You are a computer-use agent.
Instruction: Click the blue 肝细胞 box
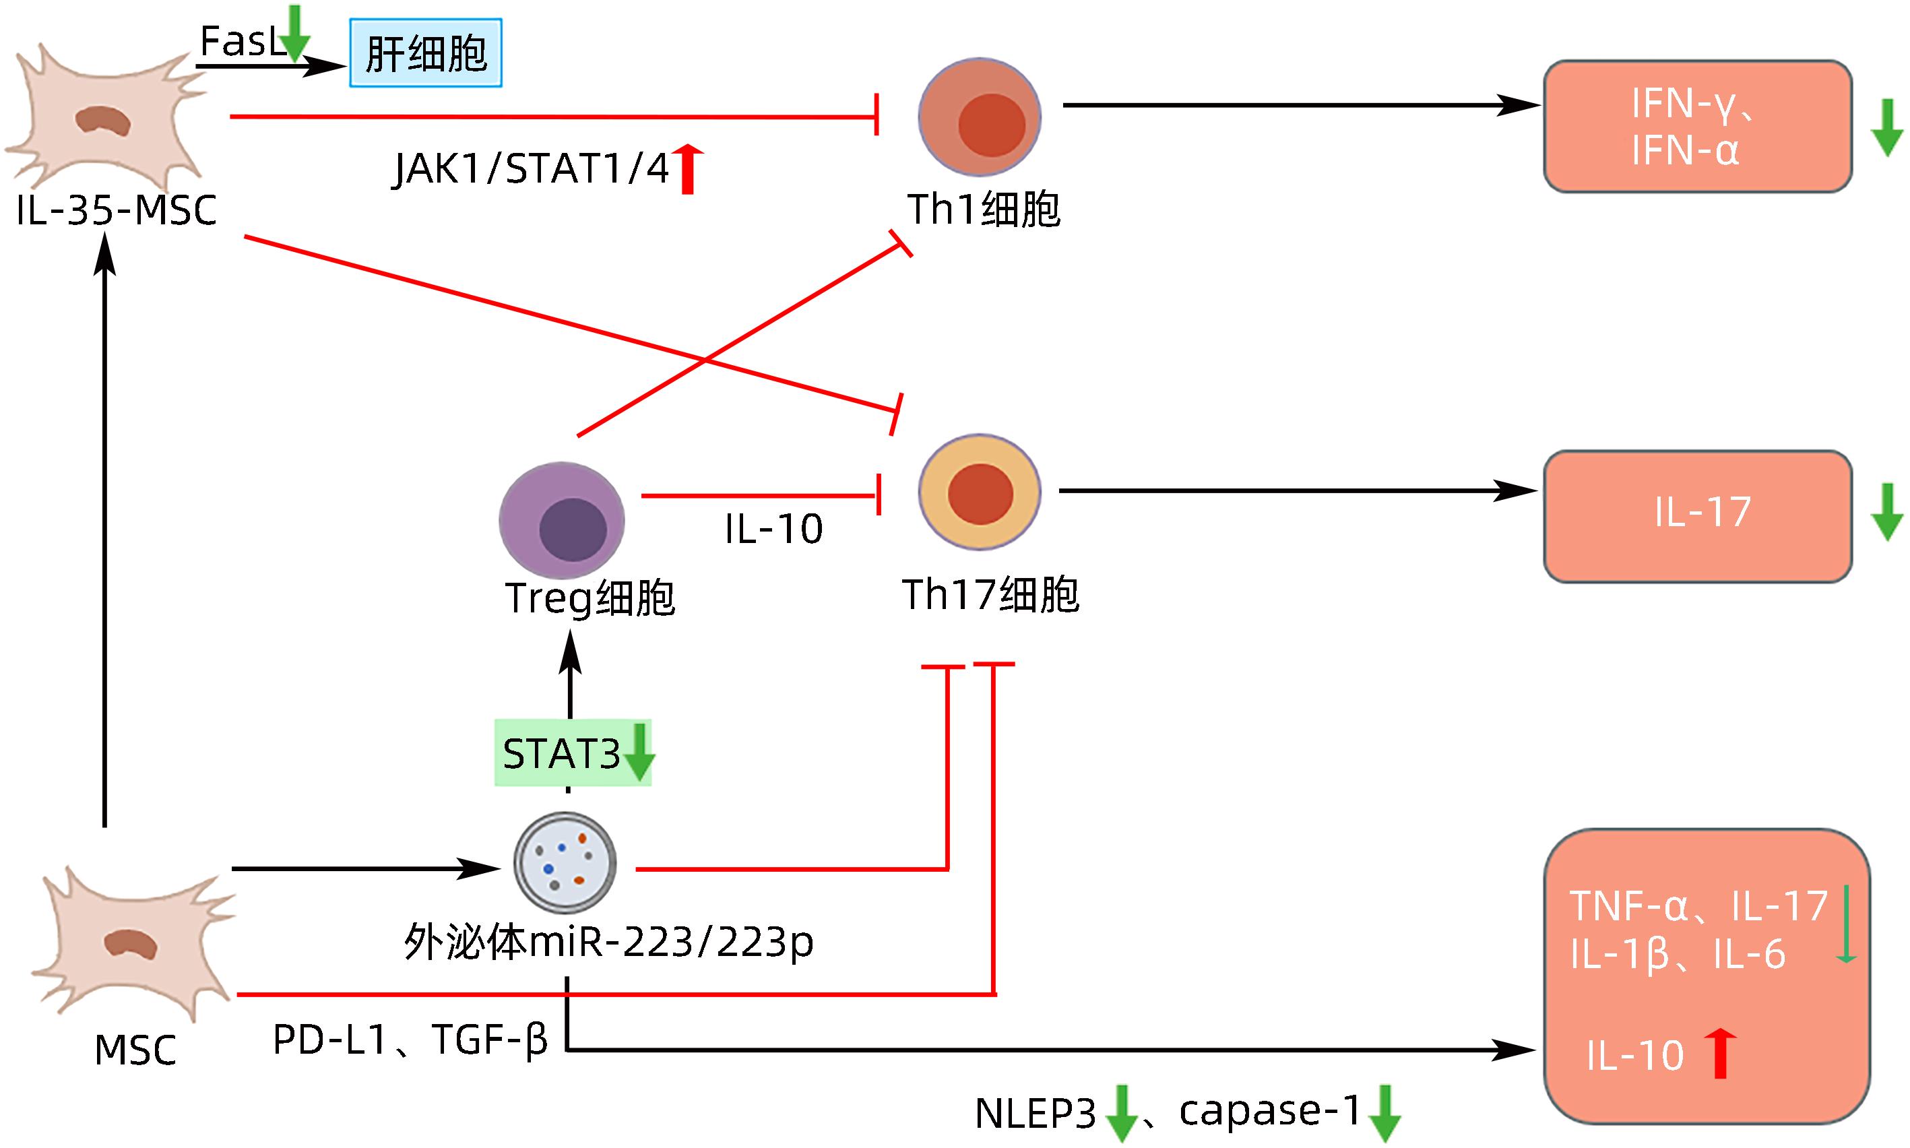(426, 53)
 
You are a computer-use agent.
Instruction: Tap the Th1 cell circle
(980, 118)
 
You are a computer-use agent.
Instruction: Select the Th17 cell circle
(980, 492)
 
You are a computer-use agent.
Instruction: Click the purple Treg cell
(562, 521)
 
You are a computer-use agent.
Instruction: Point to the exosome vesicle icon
(565, 862)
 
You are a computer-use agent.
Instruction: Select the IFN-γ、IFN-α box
(1697, 126)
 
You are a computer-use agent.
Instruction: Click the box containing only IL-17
(1697, 515)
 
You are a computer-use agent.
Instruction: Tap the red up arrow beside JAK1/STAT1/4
(688, 168)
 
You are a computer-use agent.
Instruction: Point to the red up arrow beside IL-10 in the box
(1721, 1053)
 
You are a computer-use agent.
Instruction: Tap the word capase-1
(1269, 1111)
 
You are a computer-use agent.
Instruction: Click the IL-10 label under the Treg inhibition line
(773, 529)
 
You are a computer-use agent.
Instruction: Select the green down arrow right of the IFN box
(1887, 127)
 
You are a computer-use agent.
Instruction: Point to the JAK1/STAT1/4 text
(532, 168)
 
